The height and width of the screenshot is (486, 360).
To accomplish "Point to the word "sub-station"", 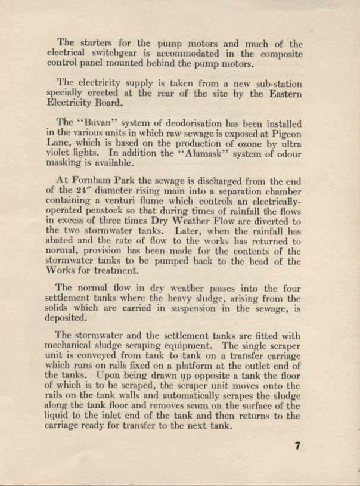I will pos(275,83).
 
